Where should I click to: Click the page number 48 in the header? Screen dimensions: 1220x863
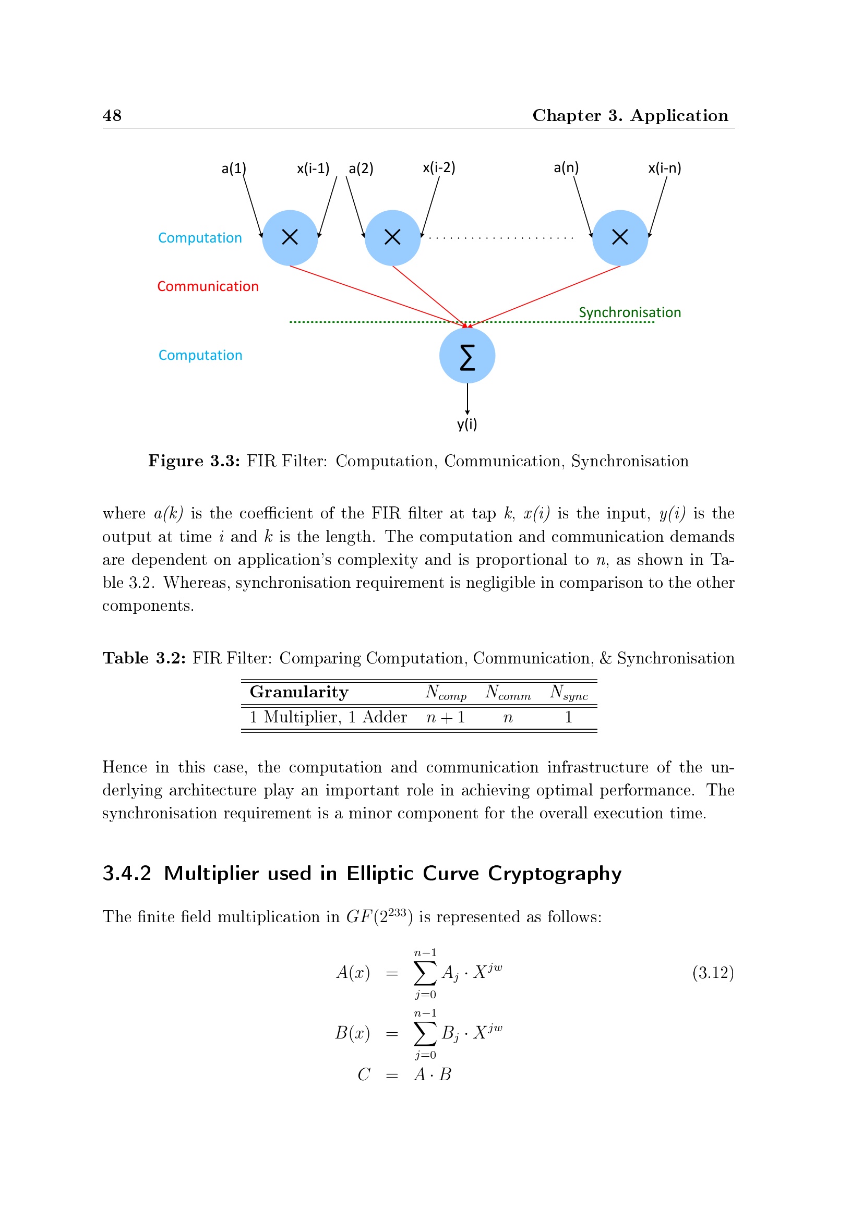[112, 115]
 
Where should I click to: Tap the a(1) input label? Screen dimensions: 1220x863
[234, 168]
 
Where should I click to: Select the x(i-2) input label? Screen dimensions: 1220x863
[439, 168]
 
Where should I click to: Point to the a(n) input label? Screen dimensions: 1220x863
[566, 168]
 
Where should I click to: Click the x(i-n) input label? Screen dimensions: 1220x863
[664, 168]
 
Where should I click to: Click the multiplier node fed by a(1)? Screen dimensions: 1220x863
[290, 237]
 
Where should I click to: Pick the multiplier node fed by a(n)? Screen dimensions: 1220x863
[620, 237]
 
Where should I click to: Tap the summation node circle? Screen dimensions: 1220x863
[467, 356]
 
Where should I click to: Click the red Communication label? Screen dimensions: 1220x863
[208, 286]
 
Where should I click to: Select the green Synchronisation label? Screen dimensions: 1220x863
[630, 312]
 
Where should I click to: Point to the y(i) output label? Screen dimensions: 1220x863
[467, 424]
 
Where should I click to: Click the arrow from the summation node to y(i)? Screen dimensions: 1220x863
[467, 398]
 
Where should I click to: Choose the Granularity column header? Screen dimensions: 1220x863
[299, 692]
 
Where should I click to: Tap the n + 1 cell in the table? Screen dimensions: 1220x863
[446, 718]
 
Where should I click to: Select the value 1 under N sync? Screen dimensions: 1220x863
[569, 718]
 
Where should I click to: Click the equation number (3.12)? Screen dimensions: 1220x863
[713, 972]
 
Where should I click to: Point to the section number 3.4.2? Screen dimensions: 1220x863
[127, 874]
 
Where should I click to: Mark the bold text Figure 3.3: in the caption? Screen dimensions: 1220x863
[194, 461]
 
